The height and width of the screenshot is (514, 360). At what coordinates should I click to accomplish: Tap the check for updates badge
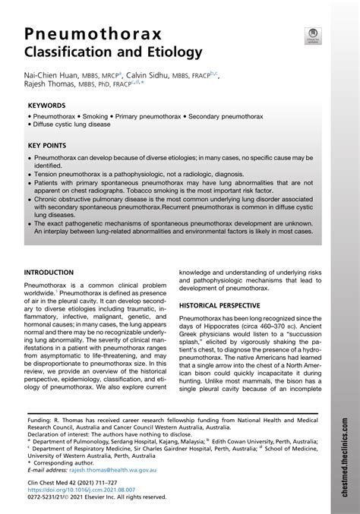(313, 35)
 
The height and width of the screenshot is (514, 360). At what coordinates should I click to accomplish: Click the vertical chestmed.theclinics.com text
(347, 456)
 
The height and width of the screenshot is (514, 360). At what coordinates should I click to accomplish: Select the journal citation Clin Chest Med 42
(51, 483)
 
